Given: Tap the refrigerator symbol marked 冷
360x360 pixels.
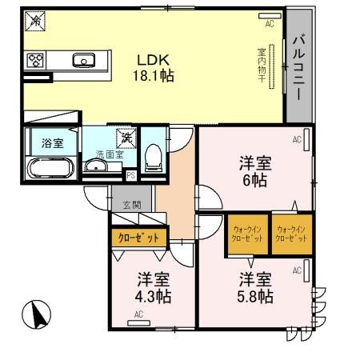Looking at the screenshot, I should pyautogui.click(x=35, y=22).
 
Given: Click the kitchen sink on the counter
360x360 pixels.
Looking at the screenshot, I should pyautogui.click(x=82, y=59).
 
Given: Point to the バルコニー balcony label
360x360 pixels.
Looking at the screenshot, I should pyautogui.click(x=298, y=66).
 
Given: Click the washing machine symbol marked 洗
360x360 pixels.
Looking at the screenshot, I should pyautogui.click(x=126, y=138).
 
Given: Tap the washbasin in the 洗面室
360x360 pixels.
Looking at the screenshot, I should pyautogui.click(x=95, y=166).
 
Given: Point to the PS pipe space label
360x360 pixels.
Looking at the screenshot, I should pyautogui.click(x=130, y=176).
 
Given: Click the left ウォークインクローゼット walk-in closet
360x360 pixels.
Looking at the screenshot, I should pyautogui.click(x=246, y=234).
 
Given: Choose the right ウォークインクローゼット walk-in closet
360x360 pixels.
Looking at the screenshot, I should pyautogui.click(x=290, y=234).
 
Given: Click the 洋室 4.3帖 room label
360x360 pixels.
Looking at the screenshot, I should pyautogui.click(x=152, y=288).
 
